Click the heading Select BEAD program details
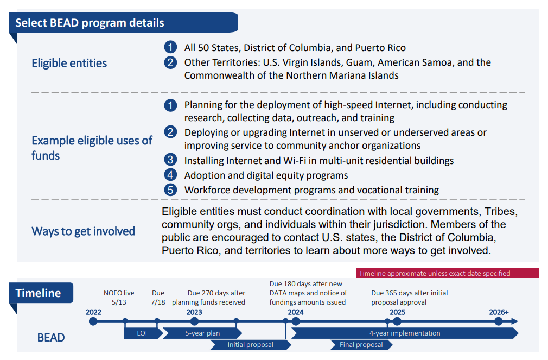pos(90,23)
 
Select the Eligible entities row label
pos(69,63)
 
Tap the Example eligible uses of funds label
pos(91,148)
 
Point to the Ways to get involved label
pos(83,231)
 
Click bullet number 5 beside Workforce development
pos(170,190)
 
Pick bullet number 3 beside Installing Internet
pos(170,160)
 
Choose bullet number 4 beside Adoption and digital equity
pos(170,175)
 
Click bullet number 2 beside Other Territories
pos(170,62)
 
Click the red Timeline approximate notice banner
pos(447,273)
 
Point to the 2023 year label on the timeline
pos(194,312)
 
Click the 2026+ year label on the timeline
pos(498,312)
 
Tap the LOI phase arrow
pos(143,333)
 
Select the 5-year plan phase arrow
pos(202,333)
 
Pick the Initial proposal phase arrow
pos(250,345)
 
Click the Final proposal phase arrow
pos(361,345)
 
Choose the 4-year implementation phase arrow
pos(404,333)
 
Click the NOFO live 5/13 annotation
pos(119,298)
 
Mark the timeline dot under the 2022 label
pos(93,321)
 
